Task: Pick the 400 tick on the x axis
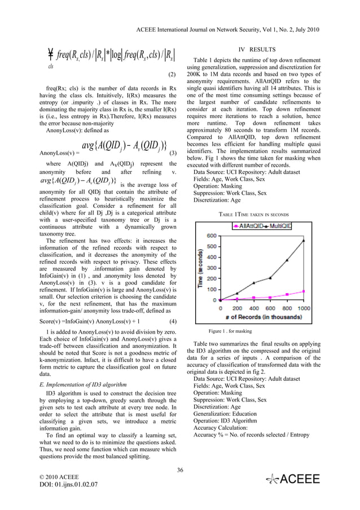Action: coord(253,308)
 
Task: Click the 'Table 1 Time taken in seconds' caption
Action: coord(253,214)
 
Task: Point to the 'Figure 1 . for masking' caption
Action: coord(230,331)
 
